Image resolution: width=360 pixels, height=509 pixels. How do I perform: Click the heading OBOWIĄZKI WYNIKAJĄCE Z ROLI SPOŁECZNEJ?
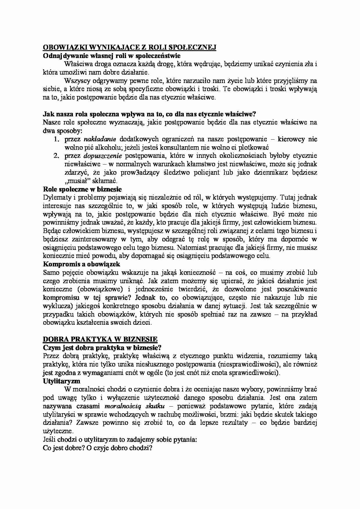point(129,48)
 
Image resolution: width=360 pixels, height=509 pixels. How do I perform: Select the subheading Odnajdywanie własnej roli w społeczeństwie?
point(111,56)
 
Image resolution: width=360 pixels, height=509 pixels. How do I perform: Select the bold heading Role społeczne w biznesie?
point(82,189)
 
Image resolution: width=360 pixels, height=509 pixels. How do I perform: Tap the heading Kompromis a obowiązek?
point(81,264)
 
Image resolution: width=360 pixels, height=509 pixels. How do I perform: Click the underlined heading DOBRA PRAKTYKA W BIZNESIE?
point(100,339)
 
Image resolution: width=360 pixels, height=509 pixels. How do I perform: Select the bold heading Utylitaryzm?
point(61,381)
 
